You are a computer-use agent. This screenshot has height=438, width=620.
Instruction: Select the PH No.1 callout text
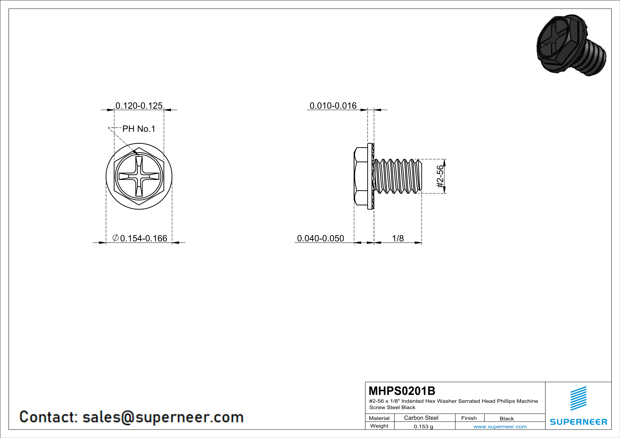click(139, 129)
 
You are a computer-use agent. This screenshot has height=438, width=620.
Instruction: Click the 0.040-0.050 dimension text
click(321, 238)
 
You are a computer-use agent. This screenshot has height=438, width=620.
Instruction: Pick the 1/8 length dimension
click(398, 238)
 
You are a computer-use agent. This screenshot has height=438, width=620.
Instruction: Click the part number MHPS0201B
click(402, 391)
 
